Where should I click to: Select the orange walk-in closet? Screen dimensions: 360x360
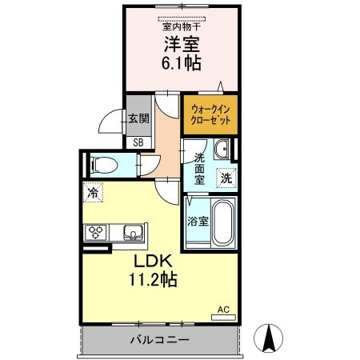(210, 114)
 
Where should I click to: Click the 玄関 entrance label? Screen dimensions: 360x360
(138, 118)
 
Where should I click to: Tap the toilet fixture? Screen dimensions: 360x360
(102, 165)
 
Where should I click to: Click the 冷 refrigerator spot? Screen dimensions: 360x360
(93, 192)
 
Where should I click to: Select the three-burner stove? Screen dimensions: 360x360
(98, 233)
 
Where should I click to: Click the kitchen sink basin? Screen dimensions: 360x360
(133, 233)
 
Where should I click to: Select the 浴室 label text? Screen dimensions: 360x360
(198, 222)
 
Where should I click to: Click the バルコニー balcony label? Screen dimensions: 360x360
(160, 340)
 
